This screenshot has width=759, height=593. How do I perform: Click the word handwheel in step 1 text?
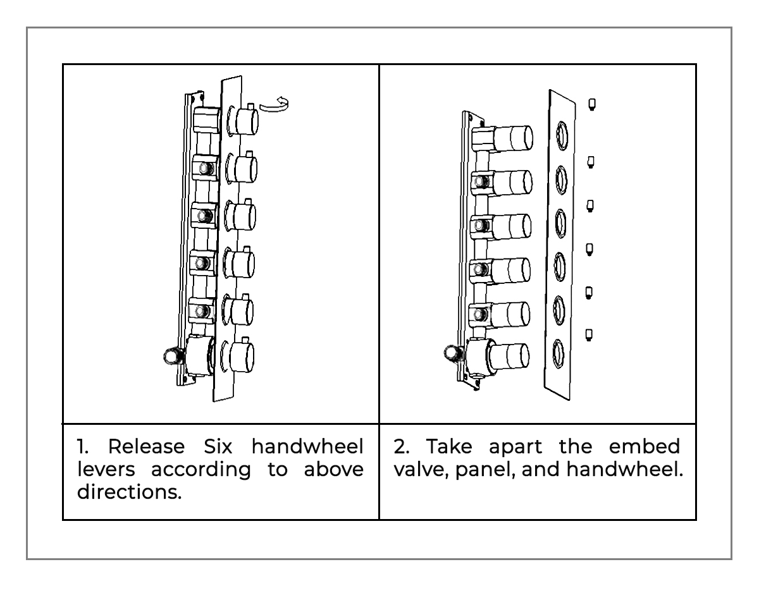[x=308, y=447]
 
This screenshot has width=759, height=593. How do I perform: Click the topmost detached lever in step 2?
[x=591, y=103]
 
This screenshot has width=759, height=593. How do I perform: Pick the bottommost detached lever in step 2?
[x=589, y=334]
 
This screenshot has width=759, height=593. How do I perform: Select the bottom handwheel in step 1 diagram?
[x=243, y=356]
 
